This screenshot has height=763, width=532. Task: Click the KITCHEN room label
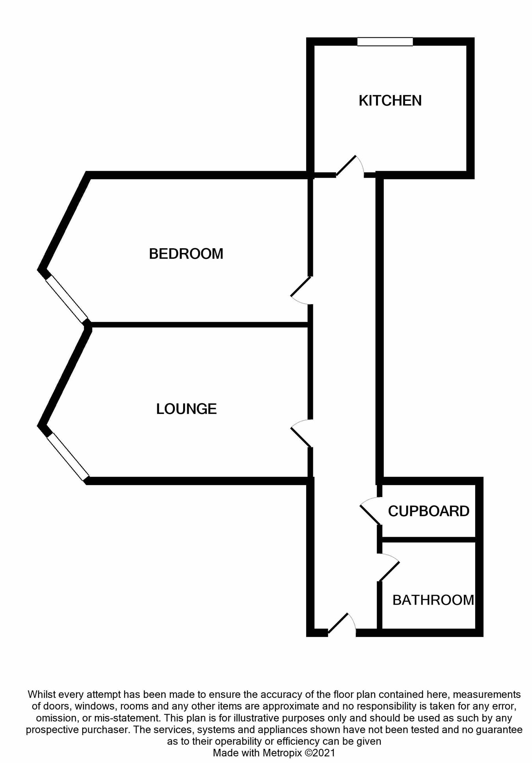(390, 101)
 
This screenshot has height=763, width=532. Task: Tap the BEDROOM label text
(186, 254)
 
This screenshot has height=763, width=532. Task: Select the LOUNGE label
(186, 409)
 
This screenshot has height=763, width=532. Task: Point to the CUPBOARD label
(428, 511)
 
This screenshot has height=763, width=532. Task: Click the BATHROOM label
(433, 600)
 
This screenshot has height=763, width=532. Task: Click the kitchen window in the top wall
(385, 42)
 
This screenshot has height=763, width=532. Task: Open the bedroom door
(301, 291)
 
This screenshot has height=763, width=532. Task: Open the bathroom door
(389, 568)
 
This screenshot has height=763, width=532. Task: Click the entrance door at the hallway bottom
(341, 623)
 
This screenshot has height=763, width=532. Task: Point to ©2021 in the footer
(320, 753)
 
